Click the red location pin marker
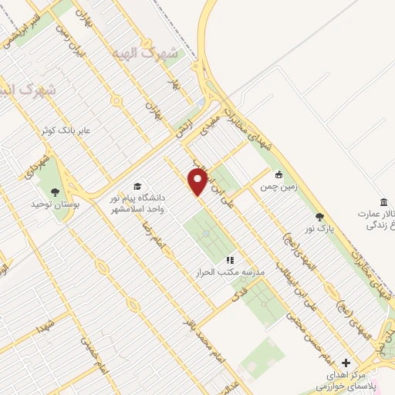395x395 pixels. [x=197, y=182]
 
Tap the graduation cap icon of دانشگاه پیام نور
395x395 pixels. [x=137, y=187]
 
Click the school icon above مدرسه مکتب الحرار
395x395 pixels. [x=229, y=260]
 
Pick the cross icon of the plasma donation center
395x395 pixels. [x=346, y=362]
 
